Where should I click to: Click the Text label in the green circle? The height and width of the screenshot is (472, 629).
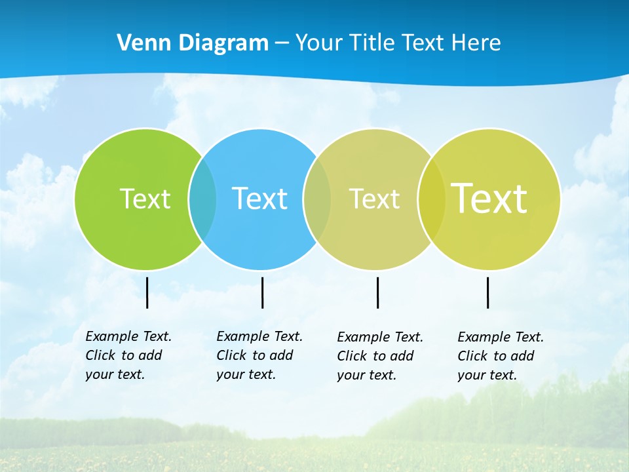[145, 198]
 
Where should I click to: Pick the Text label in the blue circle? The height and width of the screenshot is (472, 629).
[259, 198]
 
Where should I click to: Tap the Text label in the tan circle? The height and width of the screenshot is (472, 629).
[374, 198]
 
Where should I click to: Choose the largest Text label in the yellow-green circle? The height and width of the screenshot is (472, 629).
[489, 198]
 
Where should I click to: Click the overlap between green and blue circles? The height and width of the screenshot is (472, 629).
[202, 198]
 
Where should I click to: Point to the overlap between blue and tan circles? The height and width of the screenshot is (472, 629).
[317, 198]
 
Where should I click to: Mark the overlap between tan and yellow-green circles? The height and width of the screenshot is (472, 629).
[431, 198]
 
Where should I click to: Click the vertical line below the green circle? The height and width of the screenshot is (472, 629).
[147, 292]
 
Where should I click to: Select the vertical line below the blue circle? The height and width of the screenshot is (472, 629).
[262, 292]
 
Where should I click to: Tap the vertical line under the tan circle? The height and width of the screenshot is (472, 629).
[377, 292]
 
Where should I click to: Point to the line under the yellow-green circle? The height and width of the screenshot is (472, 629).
[487, 292]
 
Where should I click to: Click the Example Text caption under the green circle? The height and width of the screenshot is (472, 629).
[128, 355]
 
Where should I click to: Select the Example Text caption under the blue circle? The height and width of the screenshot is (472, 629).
[259, 355]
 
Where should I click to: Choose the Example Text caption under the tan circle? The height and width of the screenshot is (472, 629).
[380, 356]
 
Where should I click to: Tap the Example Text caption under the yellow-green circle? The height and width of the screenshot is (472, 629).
[501, 356]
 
